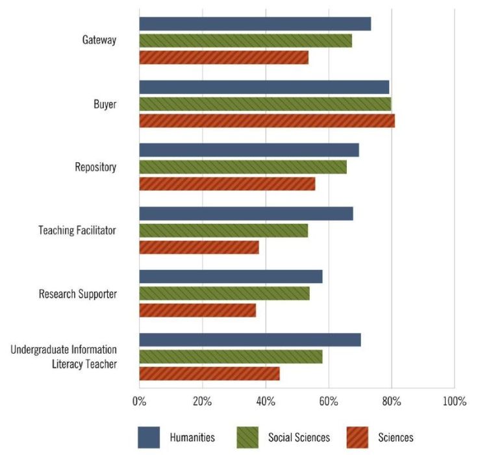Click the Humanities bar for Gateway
(x=255, y=24)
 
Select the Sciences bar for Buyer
(x=267, y=121)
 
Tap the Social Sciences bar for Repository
(x=243, y=167)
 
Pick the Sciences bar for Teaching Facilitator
(x=199, y=247)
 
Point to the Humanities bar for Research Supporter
(x=231, y=277)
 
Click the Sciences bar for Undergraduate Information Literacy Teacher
(x=209, y=373)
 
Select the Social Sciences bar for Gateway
(x=245, y=40)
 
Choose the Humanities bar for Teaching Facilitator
(x=246, y=214)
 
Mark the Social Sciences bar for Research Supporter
(x=224, y=293)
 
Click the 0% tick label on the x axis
(x=139, y=401)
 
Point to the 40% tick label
(x=265, y=401)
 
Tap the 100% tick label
(x=454, y=401)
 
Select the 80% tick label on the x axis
(x=391, y=401)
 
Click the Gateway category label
(x=99, y=40)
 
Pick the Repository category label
(x=95, y=167)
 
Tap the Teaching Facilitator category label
(x=77, y=230)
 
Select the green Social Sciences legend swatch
(x=247, y=437)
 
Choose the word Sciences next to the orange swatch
(x=396, y=437)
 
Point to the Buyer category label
(x=105, y=104)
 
